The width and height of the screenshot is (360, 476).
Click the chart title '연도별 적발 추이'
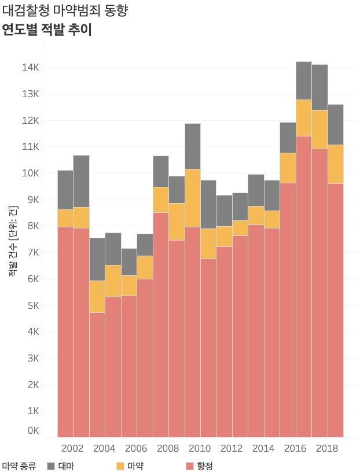(47, 30)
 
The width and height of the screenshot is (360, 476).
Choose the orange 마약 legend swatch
(120, 466)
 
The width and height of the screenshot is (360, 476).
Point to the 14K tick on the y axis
(31, 68)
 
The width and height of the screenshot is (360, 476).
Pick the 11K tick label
(31, 147)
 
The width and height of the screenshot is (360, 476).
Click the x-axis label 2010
(199, 448)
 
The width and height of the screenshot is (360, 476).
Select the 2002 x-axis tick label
(72, 448)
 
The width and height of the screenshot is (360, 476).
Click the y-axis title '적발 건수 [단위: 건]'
(13, 239)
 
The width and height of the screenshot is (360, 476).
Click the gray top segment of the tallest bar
(303, 80)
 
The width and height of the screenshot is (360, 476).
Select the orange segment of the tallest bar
(303, 118)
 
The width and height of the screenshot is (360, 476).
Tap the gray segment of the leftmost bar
(65, 190)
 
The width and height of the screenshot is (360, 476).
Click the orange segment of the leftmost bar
(65, 218)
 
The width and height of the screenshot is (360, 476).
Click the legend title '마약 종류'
(19, 466)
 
